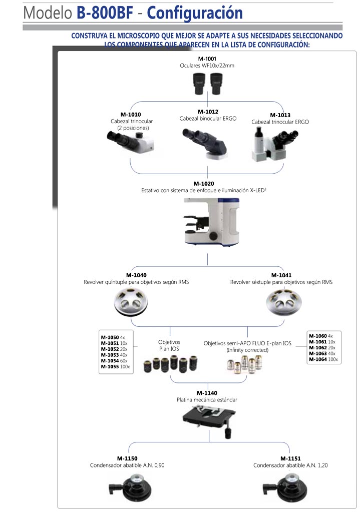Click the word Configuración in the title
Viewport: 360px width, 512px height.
[195, 13]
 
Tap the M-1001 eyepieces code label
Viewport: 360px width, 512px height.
[207, 59]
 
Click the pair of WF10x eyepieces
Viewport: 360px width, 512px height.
[207, 84]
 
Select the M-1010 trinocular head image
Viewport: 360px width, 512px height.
[131, 141]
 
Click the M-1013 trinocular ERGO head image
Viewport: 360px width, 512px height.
[275, 144]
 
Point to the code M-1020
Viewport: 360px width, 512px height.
[203, 184]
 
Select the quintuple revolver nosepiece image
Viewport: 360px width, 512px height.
[131, 302]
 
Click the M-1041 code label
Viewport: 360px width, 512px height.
[281, 275]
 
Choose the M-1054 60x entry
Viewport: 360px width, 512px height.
[114, 361]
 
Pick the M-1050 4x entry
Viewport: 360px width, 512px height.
[113, 337]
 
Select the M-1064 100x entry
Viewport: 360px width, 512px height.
[323, 359]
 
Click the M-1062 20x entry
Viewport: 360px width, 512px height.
[322, 347]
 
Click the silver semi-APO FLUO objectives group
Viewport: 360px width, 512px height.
[245, 364]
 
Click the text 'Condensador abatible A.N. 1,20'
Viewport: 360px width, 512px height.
[290, 465]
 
